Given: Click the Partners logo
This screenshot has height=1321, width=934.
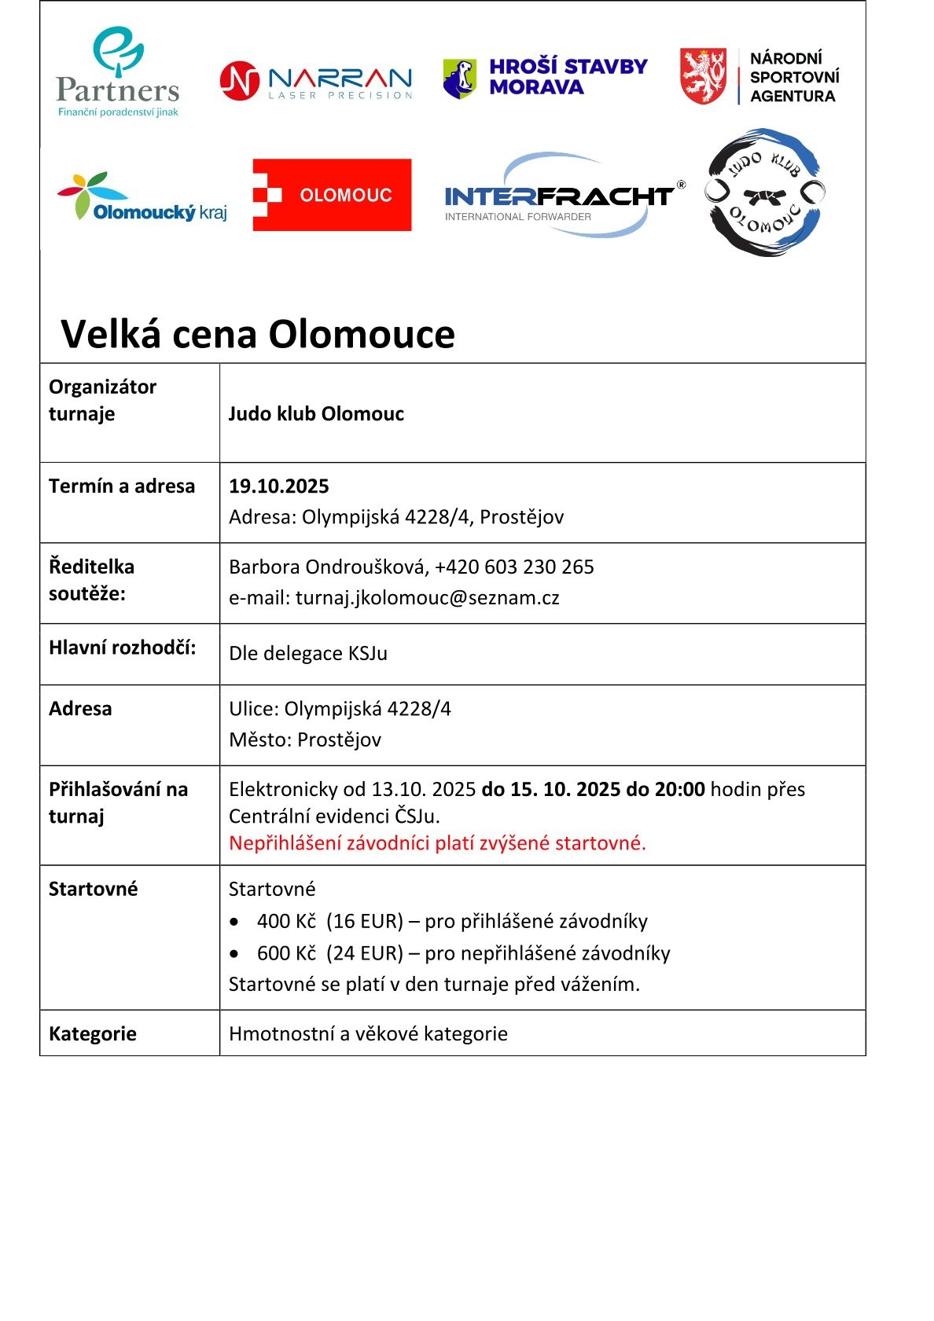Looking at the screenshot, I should [118, 73].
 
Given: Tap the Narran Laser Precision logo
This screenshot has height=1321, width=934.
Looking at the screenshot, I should [316, 81].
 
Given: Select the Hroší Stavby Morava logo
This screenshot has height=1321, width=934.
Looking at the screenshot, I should [546, 77].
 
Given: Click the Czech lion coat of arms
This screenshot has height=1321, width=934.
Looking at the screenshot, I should [703, 76].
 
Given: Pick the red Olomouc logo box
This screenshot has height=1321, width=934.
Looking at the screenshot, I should [332, 195].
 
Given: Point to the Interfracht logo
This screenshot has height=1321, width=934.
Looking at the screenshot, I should [560, 196].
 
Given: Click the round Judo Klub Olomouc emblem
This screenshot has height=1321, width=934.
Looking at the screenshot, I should [764, 193].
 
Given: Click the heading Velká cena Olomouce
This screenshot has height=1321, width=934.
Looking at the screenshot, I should [258, 334].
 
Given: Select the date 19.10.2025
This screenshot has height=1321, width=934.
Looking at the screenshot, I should [278, 486].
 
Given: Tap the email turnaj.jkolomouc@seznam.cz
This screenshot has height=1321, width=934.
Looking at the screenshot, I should [427, 598].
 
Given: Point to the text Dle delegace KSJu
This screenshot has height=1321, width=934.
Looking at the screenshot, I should [308, 653].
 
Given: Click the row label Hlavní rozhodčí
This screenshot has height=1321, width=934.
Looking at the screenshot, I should [122, 648].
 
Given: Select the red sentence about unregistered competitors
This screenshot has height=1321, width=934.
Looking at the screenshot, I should [437, 843].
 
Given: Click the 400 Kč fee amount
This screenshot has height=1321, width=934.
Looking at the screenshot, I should [286, 921].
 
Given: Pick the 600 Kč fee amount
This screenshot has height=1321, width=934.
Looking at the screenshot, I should [286, 953].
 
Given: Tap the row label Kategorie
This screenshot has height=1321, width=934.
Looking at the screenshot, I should [93, 1033].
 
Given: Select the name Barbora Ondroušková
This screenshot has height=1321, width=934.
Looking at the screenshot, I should [325, 567].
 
